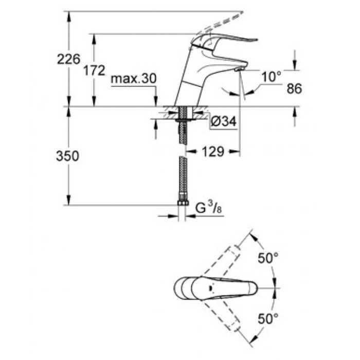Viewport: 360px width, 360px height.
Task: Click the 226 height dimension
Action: click(69, 59)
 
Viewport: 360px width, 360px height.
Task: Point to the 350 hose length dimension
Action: click(68, 156)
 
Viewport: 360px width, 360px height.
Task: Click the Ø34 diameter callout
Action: click(223, 122)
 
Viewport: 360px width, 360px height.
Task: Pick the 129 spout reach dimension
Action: click(213, 152)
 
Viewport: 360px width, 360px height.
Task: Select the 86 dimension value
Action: click(294, 88)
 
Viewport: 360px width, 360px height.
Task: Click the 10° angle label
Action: click(271, 77)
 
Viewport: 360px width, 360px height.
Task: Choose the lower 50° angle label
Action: click(268, 318)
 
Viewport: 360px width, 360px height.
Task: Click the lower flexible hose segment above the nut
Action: click(182, 177)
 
